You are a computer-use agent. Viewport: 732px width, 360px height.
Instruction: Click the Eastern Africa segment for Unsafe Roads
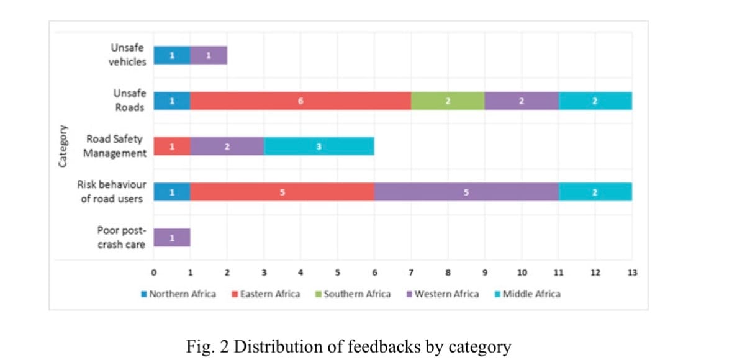click(x=300, y=101)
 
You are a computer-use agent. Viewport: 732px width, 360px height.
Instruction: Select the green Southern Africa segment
click(x=447, y=101)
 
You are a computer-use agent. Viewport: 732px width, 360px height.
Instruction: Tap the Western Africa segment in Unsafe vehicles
click(x=209, y=55)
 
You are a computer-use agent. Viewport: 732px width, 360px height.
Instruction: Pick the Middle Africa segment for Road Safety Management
click(x=319, y=146)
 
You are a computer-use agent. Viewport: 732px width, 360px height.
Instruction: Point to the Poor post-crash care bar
click(x=172, y=237)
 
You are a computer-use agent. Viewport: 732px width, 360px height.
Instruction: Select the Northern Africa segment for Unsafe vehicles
click(x=172, y=55)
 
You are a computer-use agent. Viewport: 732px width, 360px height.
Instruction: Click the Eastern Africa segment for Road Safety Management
click(x=172, y=146)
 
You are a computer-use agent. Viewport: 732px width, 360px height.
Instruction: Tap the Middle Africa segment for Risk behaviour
click(x=595, y=192)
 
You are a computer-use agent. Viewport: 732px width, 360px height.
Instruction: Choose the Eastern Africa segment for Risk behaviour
click(x=282, y=192)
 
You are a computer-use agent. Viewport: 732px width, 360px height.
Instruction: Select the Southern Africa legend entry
click(x=353, y=294)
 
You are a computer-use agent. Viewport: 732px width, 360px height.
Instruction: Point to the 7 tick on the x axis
click(x=411, y=272)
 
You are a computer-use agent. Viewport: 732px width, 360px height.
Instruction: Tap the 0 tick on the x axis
click(x=153, y=272)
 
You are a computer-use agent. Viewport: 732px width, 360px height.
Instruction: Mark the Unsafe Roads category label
click(x=129, y=101)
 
